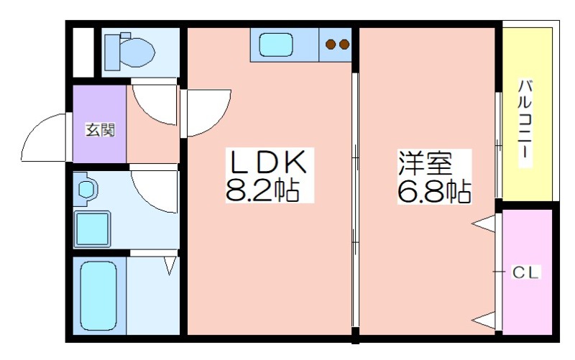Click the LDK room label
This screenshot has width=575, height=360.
pyautogui.click(x=267, y=162)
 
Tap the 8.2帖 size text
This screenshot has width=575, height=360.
pyautogui.click(x=262, y=190)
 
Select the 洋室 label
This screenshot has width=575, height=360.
pyautogui.click(x=425, y=162)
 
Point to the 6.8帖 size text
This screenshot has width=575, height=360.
pyautogui.click(x=435, y=191)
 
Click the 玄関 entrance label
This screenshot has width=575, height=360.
pyautogui.click(x=100, y=130)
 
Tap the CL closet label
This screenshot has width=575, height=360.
pyautogui.click(x=525, y=272)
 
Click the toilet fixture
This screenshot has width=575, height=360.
pyautogui.click(x=129, y=52)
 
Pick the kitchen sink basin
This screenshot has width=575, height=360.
pyautogui.click(x=276, y=45)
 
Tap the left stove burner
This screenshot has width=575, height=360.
pyautogui.click(x=331, y=45)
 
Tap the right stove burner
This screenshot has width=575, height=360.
pyautogui.click(x=344, y=45)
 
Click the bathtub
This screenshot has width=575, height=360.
pyautogui.click(x=98, y=295)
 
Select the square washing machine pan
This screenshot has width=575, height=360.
pyautogui.click(x=92, y=229)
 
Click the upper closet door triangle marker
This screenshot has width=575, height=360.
pyautogui.click(x=484, y=224)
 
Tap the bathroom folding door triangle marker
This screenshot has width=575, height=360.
pyautogui.click(x=170, y=265)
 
